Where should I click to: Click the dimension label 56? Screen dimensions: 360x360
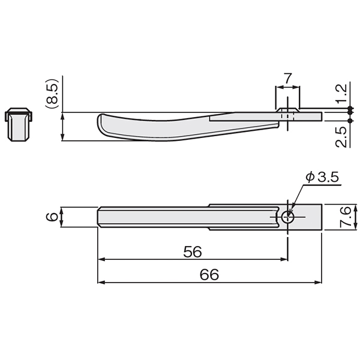coord(193,251)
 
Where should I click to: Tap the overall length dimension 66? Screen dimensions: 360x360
coord(209,275)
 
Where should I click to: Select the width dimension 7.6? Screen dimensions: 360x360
coord(345,217)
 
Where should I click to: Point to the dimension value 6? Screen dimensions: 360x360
coord(52,217)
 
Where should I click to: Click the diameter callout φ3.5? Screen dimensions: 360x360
coord(322,177)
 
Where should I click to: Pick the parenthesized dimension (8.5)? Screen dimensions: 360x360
coord(52,94)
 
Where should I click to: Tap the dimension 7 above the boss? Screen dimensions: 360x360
coord(287,78)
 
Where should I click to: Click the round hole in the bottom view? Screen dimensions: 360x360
coord(287,217)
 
